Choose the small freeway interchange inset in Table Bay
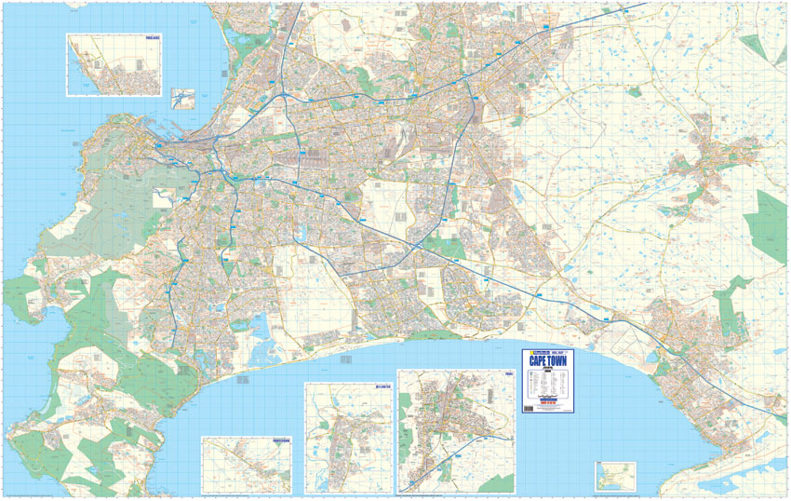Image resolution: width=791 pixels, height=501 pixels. point(183,98)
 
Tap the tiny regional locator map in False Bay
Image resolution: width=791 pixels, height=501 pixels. point(610,474)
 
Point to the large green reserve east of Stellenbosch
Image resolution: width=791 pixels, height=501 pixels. point(769,223)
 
